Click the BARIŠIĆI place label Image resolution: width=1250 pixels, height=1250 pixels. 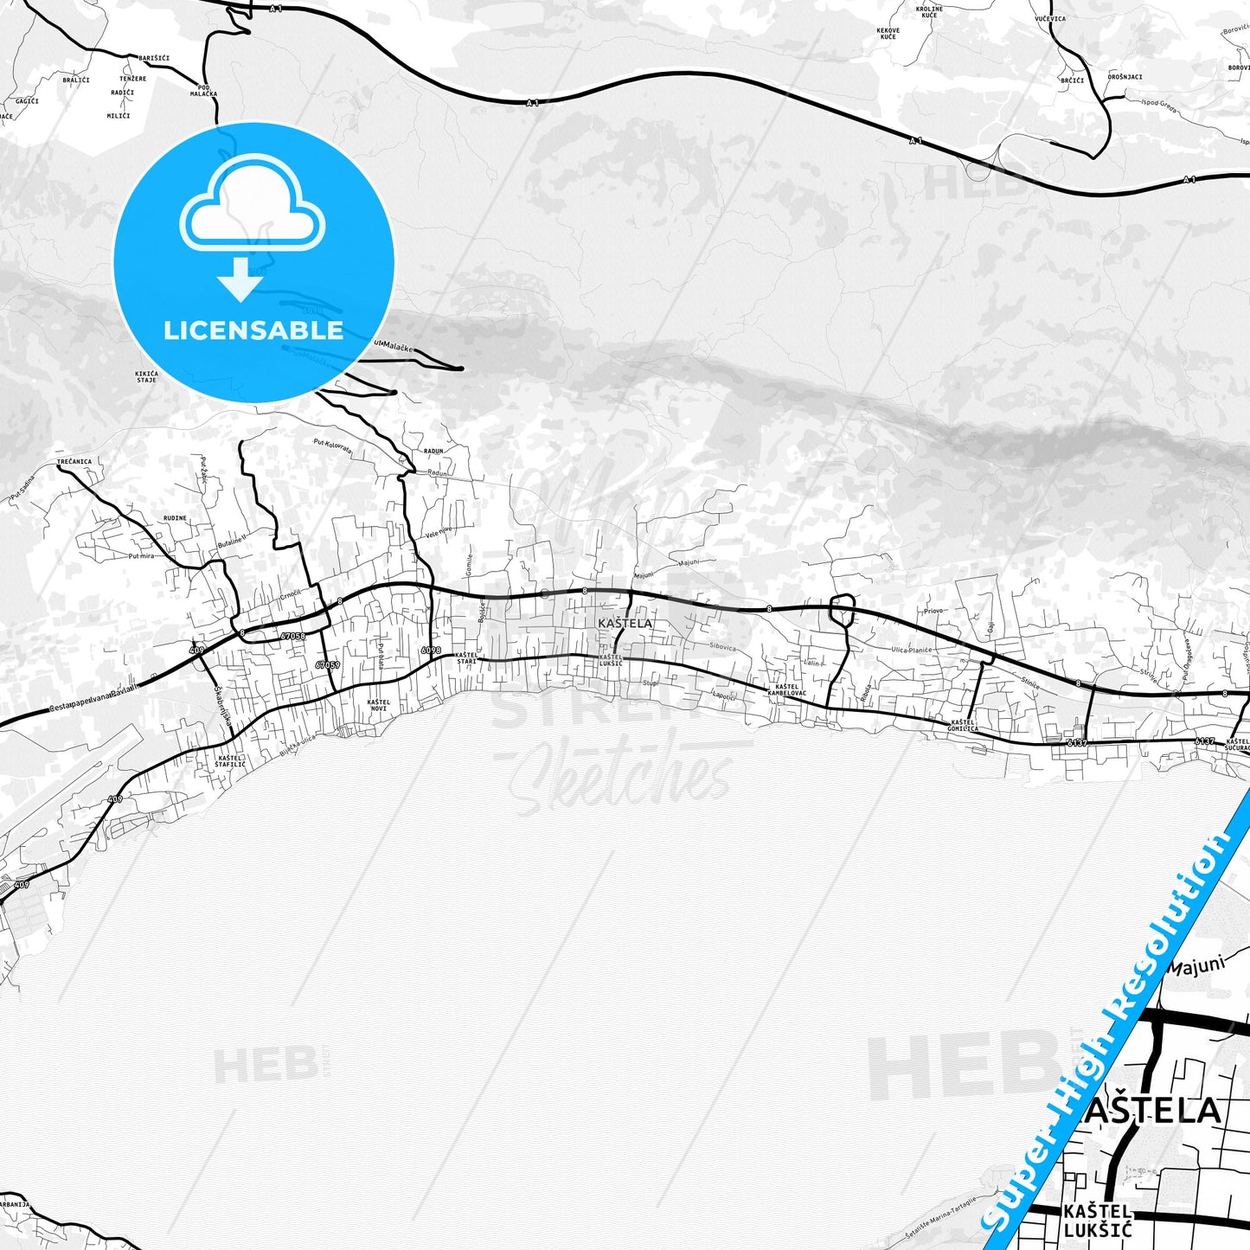154,58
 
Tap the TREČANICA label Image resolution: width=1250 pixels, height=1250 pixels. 74,462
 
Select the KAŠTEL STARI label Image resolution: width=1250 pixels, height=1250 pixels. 466,657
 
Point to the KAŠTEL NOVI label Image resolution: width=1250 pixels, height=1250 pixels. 379,705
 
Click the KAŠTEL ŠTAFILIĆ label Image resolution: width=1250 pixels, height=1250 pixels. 231,761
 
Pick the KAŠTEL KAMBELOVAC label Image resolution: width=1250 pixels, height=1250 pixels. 786,689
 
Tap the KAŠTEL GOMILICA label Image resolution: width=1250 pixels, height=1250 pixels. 963,725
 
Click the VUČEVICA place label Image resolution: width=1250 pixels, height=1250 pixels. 1050,18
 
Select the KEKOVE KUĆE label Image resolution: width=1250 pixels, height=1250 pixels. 888,34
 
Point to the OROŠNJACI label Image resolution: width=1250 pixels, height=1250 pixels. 1125,77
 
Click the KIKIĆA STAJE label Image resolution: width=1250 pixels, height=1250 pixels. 146,376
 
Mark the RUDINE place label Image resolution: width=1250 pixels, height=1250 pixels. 175,518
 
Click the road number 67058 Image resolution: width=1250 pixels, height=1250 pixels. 292,636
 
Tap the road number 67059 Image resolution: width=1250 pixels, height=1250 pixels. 327,665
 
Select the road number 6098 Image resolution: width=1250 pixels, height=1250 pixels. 430,651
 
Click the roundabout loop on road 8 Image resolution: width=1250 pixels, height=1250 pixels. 841,610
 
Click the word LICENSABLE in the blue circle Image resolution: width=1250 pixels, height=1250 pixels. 253,330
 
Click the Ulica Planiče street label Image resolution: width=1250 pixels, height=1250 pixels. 911,650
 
